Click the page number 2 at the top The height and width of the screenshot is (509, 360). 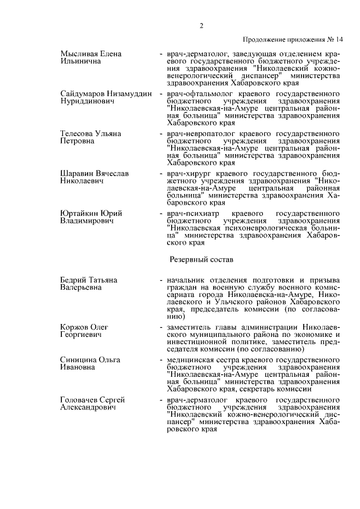[201, 25]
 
